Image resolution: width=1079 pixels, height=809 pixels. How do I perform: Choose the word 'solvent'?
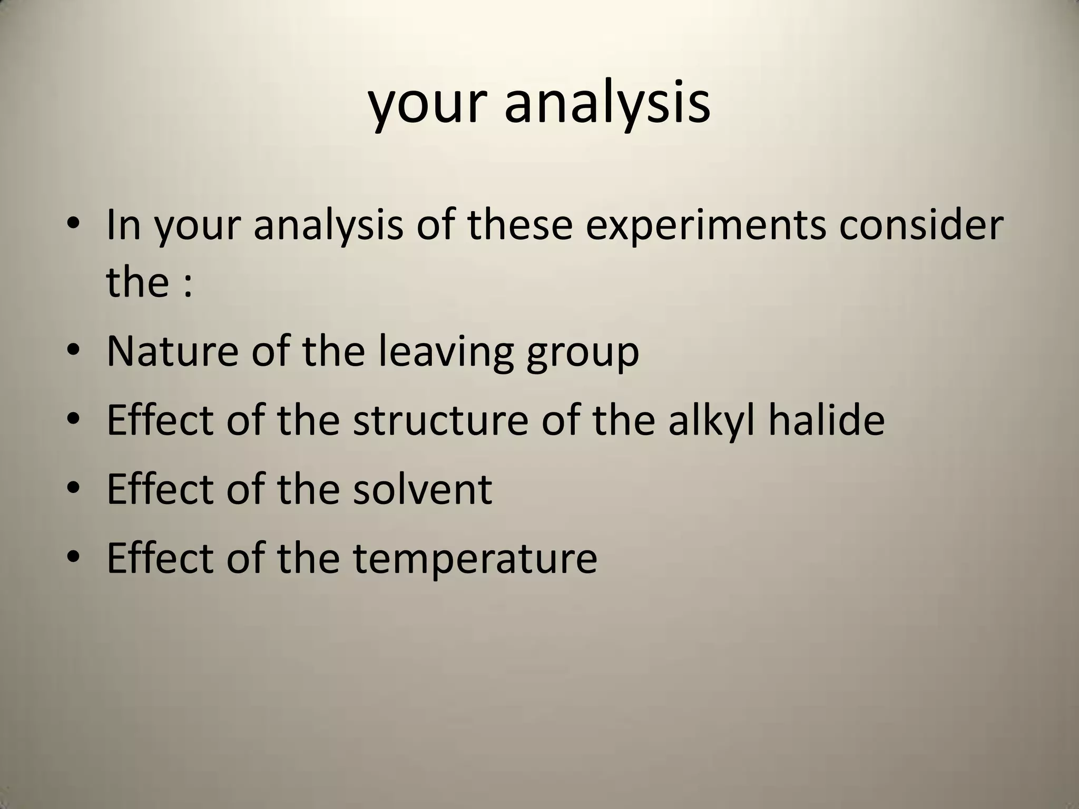pos(423,489)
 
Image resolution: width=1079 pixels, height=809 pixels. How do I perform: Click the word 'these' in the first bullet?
pos(520,224)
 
